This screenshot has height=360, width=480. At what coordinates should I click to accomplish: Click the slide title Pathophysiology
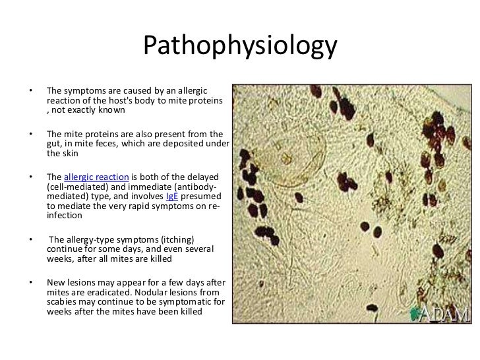click(240, 47)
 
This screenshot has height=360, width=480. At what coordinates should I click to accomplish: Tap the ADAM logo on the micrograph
click(439, 312)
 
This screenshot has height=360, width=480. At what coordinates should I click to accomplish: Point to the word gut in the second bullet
click(54, 143)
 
